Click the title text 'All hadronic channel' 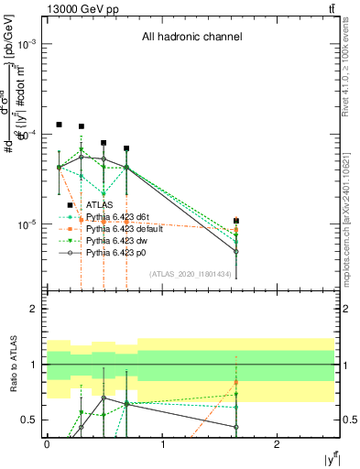(191, 38)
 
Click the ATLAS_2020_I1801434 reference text (189, 273)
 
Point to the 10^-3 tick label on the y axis (27, 45)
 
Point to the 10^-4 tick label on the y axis (27, 135)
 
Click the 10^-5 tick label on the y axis (27, 224)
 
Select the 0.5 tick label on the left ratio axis (29, 420)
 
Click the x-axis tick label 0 (47, 443)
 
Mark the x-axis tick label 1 (162, 443)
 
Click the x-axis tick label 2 (278, 443)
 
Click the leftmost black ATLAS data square (59, 125)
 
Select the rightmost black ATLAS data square (236, 221)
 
